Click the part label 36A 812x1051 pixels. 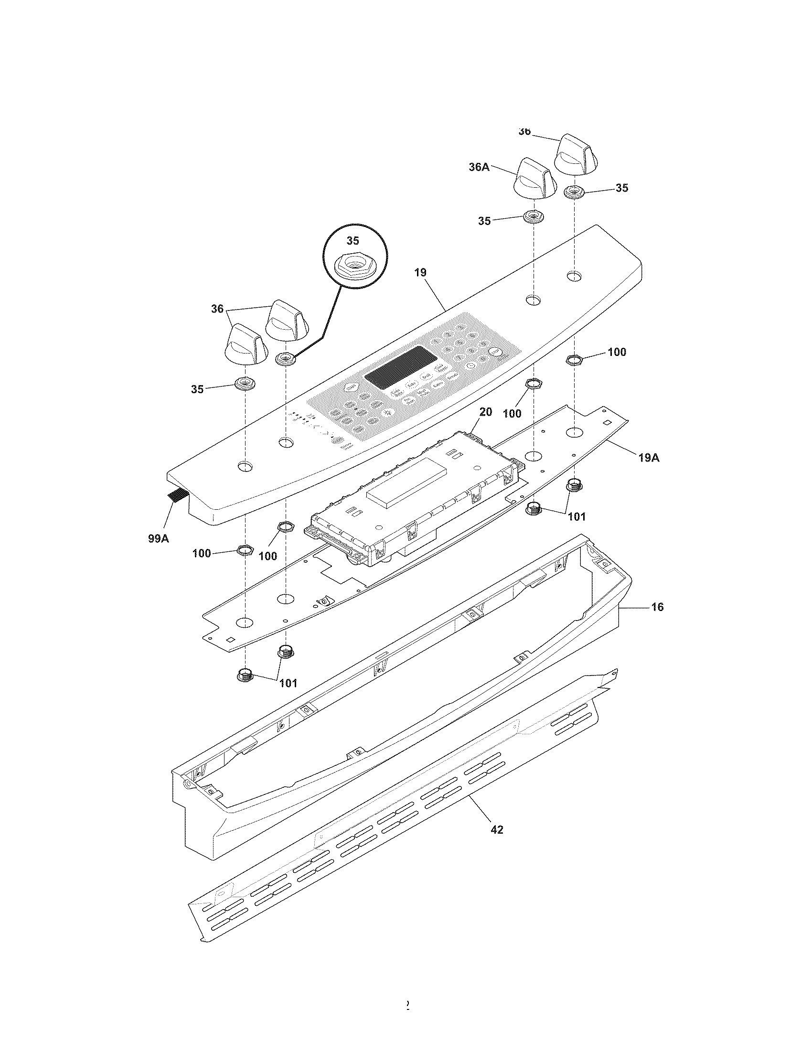click(x=479, y=167)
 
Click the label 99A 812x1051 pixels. click(x=158, y=538)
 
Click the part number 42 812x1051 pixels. click(x=497, y=829)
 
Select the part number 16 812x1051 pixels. click(x=657, y=607)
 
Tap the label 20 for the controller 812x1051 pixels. click(x=485, y=412)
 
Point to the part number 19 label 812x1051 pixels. click(x=420, y=273)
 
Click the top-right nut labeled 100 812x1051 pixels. click(x=573, y=358)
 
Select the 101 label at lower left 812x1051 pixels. click(x=288, y=683)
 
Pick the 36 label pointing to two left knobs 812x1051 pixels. click(x=217, y=309)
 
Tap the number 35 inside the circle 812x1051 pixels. click(x=353, y=241)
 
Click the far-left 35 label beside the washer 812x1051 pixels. click(x=197, y=389)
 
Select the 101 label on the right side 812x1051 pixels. click(x=577, y=516)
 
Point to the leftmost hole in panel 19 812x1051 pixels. click(x=245, y=466)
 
